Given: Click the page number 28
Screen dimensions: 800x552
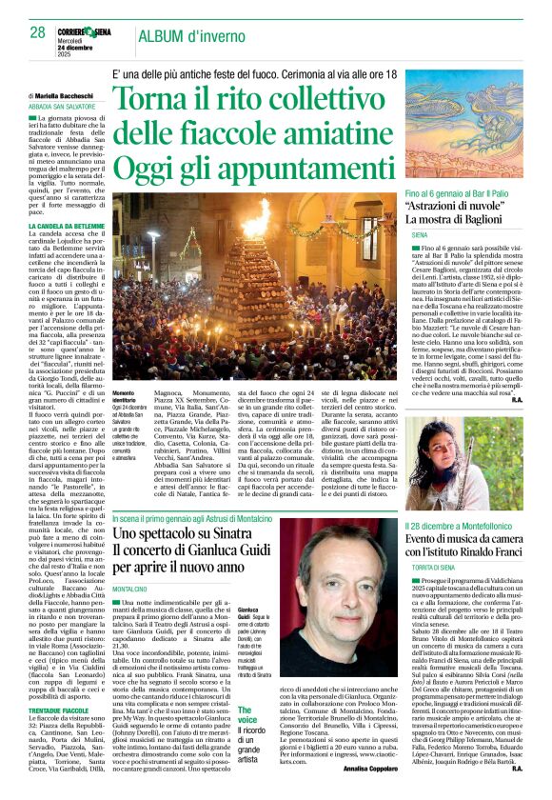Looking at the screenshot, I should coord(37,31).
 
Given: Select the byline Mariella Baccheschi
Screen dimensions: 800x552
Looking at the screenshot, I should coord(65,96).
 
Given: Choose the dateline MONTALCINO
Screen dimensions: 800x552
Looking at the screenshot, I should coord(129,590).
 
